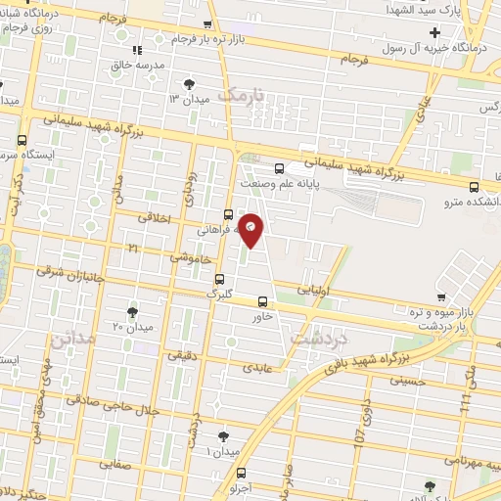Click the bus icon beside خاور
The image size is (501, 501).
(x=262, y=301)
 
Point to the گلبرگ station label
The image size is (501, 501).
(x=218, y=292)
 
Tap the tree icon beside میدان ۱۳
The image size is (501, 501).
(x=189, y=85)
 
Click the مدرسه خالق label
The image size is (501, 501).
(x=135, y=65)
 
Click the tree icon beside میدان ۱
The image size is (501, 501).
(x=224, y=434)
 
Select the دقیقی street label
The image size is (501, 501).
(x=183, y=357)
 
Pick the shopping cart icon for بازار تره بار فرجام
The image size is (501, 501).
(x=205, y=24)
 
